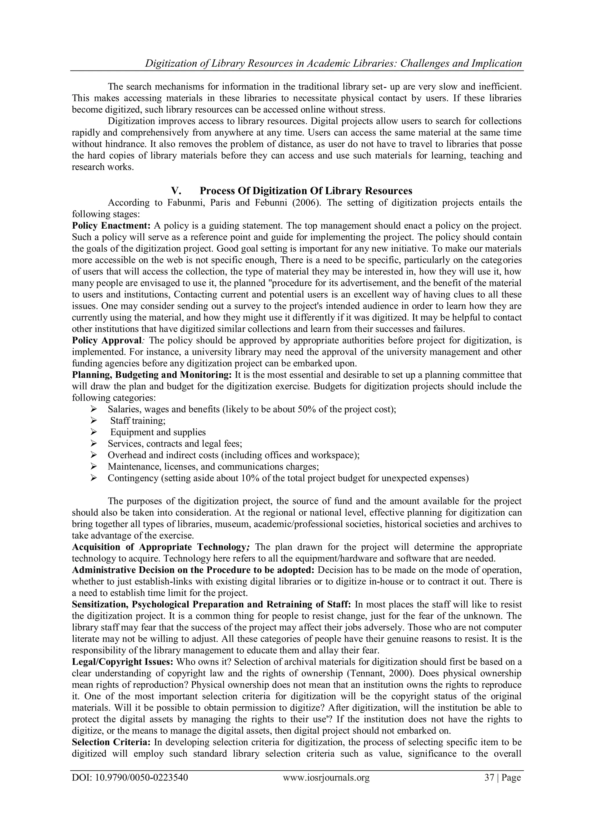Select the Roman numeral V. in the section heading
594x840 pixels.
pyautogui.click(x=176, y=191)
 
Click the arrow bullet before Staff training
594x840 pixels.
pyautogui.click(x=93, y=421)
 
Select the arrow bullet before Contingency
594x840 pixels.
pyautogui.click(x=93, y=478)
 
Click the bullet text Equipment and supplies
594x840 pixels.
pyautogui.click(x=158, y=432)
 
